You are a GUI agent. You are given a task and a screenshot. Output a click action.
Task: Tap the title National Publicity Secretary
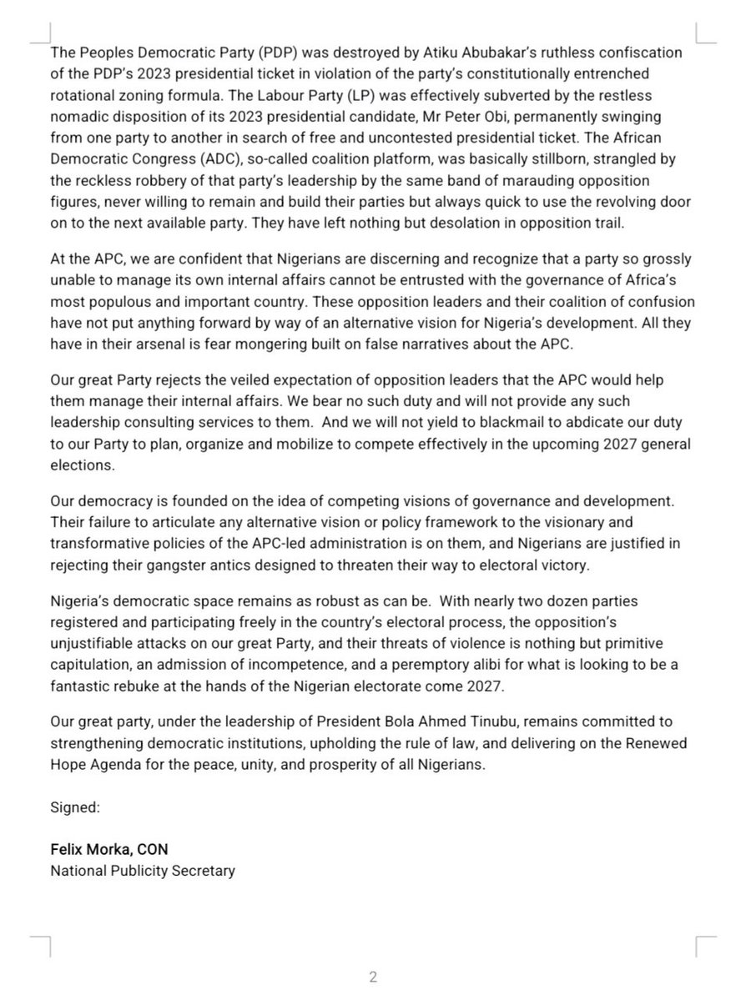(x=143, y=872)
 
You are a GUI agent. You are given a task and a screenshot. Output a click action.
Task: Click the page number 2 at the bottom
(x=373, y=977)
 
